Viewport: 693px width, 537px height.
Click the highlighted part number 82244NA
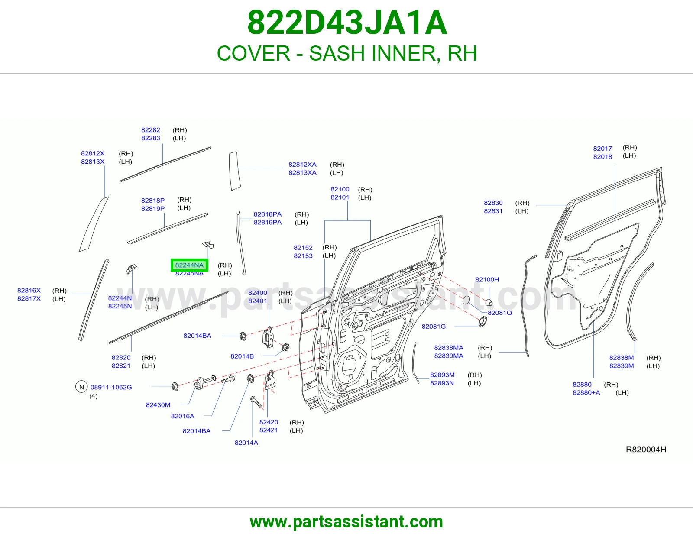pyautogui.click(x=189, y=265)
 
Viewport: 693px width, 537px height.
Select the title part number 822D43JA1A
pyautogui.click(x=347, y=23)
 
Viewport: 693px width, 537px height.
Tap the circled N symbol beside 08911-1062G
pyautogui.click(x=81, y=387)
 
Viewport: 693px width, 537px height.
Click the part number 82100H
pyautogui.click(x=487, y=279)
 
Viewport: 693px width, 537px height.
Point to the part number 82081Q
pyautogui.click(x=500, y=313)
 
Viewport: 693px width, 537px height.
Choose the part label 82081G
pyautogui.click(x=434, y=326)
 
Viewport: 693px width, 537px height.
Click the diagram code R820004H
pyautogui.click(x=646, y=450)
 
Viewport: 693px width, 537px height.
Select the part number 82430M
pyautogui.click(x=158, y=404)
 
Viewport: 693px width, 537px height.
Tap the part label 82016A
pyautogui.click(x=182, y=416)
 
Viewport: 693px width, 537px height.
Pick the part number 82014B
pyautogui.click(x=242, y=356)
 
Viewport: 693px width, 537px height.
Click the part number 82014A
pyautogui.click(x=246, y=442)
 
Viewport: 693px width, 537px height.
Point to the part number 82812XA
pyautogui.click(x=302, y=165)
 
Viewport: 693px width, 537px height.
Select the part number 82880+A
pyautogui.click(x=586, y=392)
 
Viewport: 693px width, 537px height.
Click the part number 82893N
pyautogui.click(x=442, y=383)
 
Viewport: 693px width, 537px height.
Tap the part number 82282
pyautogui.click(x=151, y=130)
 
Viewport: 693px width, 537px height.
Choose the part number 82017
pyautogui.click(x=602, y=148)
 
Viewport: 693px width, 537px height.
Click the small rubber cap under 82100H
pyautogui.click(x=489, y=302)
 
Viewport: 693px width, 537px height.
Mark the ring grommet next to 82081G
pyautogui.click(x=483, y=321)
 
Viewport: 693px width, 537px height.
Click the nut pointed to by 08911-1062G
pyautogui.click(x=175, y=386)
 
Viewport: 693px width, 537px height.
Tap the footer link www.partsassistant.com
pyautogui.click(x=346, y=522)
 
